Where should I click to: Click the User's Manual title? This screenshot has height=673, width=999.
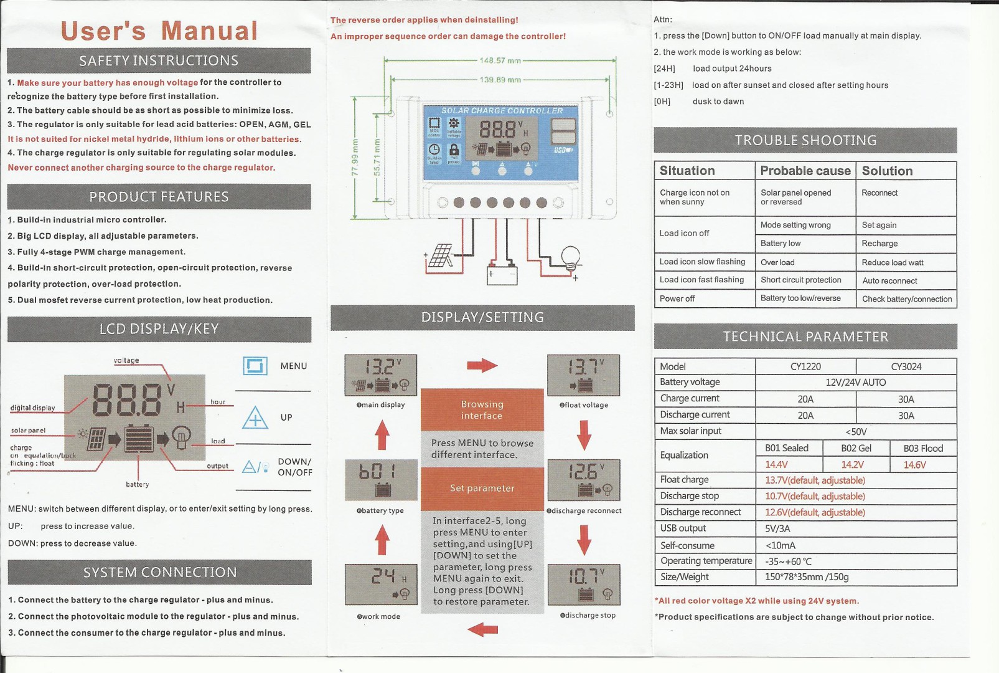(159, 31)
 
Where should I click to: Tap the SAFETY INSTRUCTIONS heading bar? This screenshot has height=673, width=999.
(159, 60)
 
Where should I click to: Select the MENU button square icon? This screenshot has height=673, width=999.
(255, 366)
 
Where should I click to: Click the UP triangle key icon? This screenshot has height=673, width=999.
(255, 418)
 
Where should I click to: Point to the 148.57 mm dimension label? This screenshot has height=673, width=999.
(500, 60)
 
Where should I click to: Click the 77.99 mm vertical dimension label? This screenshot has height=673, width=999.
(355, 157)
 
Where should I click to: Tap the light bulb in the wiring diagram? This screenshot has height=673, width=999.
(570, 257)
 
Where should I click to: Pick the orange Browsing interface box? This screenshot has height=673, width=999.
(482, 409)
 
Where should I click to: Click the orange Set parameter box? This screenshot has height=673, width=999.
(482, 488)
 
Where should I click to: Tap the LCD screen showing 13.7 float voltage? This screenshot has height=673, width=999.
(583, 375)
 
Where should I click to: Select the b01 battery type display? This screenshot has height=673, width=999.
(380, 479)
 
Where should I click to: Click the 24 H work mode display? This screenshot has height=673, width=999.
(380, 585)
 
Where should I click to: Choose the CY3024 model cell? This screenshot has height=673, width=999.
(906, 366)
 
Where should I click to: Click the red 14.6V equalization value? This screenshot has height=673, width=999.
(914, 465)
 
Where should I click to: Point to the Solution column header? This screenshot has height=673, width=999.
(887, 171)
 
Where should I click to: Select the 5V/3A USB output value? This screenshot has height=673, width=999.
(777, 528)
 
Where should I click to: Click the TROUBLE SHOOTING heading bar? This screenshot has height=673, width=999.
(805, 140)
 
